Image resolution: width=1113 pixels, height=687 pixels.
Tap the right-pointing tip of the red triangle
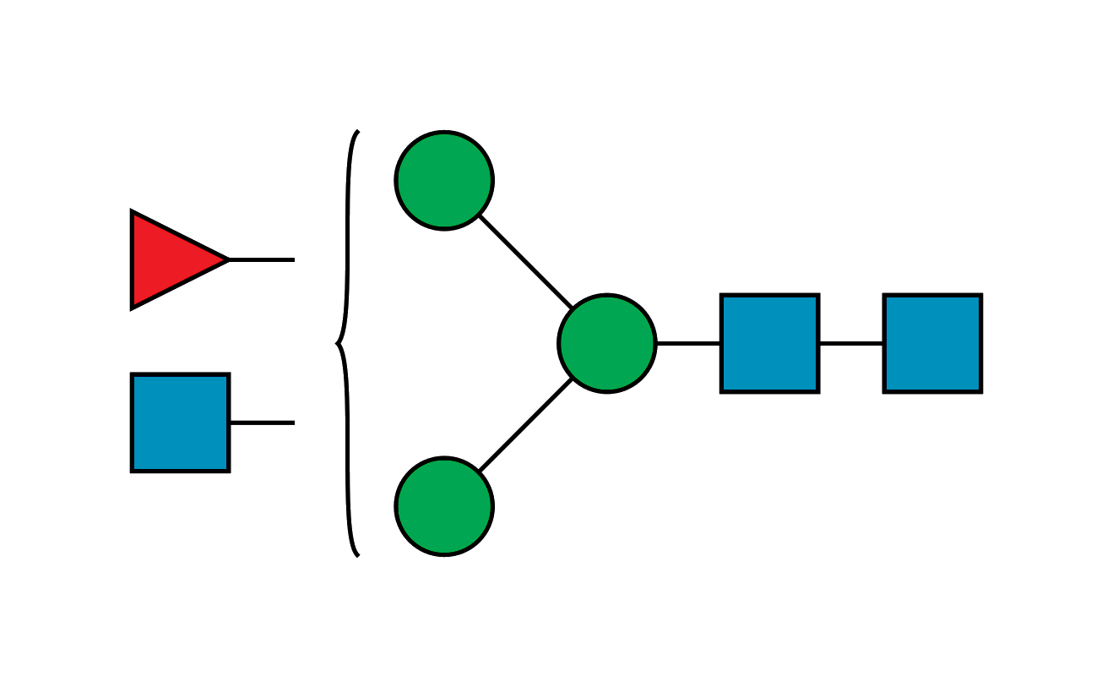tap(227, 259)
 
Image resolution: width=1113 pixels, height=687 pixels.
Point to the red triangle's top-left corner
tap(132, 211)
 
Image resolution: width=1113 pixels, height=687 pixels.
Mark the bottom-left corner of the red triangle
tap(132, 308)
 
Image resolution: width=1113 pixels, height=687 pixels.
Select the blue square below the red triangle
tap(180, 423)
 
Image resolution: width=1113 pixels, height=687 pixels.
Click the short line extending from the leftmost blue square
tap(262, 420)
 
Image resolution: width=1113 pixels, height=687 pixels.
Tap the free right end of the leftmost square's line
tap(293, 420)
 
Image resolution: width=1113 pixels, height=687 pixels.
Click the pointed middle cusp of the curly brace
tap(336, 344)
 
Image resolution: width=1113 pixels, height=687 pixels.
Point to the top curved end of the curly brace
tap(358, 132)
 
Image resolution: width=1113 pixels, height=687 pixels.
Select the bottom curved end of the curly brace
tap(358, 555)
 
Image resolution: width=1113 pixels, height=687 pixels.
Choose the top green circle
tap(444, 180)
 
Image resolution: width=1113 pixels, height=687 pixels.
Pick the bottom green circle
tap(444, 506)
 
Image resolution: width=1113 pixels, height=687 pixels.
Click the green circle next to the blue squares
tap(606, 343)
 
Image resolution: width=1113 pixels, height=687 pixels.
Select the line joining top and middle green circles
tap(525, 261)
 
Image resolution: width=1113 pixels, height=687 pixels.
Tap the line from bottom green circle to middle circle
tap(525, 425)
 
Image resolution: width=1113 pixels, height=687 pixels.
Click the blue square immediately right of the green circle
tap(769, 343)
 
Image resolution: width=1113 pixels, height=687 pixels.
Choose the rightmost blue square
tap(932, 343)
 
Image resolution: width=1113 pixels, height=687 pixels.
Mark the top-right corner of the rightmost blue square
tap(981, 295)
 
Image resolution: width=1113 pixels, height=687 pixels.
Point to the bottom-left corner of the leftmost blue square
tap(132, 471)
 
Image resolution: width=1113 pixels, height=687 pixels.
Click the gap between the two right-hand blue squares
tap(851, 343)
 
